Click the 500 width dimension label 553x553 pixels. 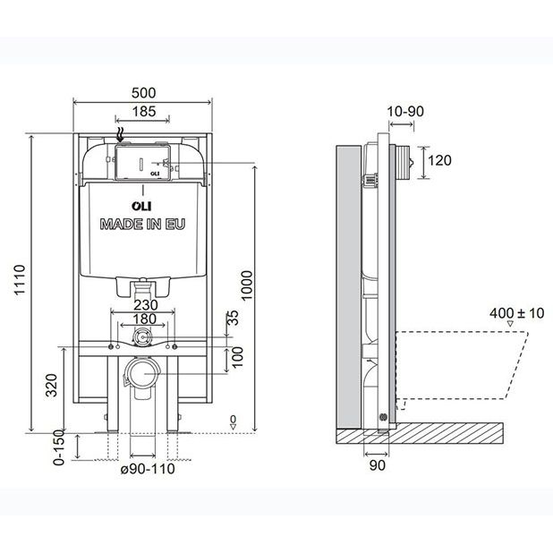pos(143,93)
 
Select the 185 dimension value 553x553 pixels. pos(143,112)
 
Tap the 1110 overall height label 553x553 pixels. pos(20,280)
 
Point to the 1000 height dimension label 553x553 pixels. pos(246,285)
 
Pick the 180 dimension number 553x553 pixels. pos(144,319)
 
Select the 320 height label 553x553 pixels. pos(52,385)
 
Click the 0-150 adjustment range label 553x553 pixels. pos(59,447)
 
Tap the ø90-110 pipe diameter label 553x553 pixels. pos(148,469)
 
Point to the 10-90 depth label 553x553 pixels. pos(405,112)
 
